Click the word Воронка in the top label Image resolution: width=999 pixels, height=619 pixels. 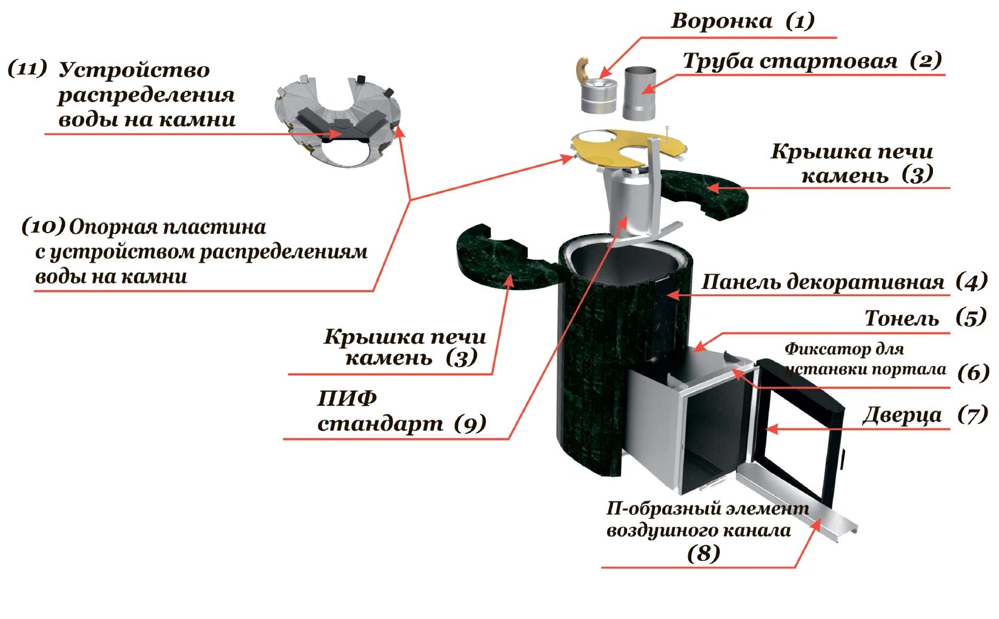click(722, 21)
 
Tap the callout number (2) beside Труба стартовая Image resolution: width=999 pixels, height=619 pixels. click(926, 60)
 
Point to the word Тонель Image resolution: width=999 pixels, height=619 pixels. click(901, 318)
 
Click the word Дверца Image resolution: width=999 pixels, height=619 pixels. click(902, 415)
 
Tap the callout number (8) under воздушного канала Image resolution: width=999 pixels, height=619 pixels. click(703, 552)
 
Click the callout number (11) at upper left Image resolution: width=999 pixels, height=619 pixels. click(27, 68)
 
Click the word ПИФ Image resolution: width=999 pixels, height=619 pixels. click(347, 398)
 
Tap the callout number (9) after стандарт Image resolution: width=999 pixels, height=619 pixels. click(470, 423)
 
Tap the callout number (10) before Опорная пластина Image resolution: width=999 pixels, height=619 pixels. click(44, 227)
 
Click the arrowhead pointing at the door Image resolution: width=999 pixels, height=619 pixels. click(771, 429)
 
